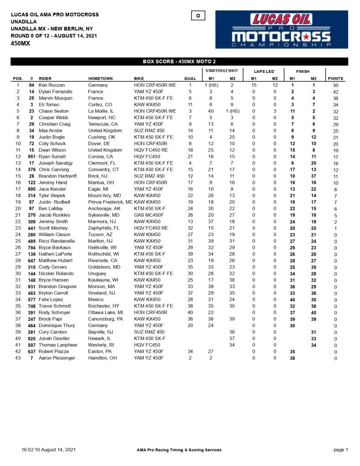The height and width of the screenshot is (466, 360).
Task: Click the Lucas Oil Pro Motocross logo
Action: (x=281, y=30)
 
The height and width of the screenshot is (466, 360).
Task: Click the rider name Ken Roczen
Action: (x=52, y=85)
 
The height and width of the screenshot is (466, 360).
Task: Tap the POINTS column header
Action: (x=335, y=79)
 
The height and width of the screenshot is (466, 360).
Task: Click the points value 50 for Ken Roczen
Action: (x=335, y=85)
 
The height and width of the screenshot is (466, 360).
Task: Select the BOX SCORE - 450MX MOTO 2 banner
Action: (x=179, y=61)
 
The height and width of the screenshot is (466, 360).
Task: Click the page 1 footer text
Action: (x=340, y=450)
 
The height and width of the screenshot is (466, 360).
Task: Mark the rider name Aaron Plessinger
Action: (x=57, y=359)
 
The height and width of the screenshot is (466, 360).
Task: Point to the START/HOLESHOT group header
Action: (x=221, y=71)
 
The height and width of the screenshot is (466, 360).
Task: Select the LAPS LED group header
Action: (x=264, y=71)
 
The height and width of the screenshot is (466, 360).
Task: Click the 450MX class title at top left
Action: (x=20, y=44)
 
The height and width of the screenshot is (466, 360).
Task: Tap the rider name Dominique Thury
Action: (x=56, y=326)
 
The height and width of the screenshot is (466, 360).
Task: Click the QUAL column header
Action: (x=190, y=79)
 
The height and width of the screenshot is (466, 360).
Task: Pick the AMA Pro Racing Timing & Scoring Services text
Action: (x=179, y=450)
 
